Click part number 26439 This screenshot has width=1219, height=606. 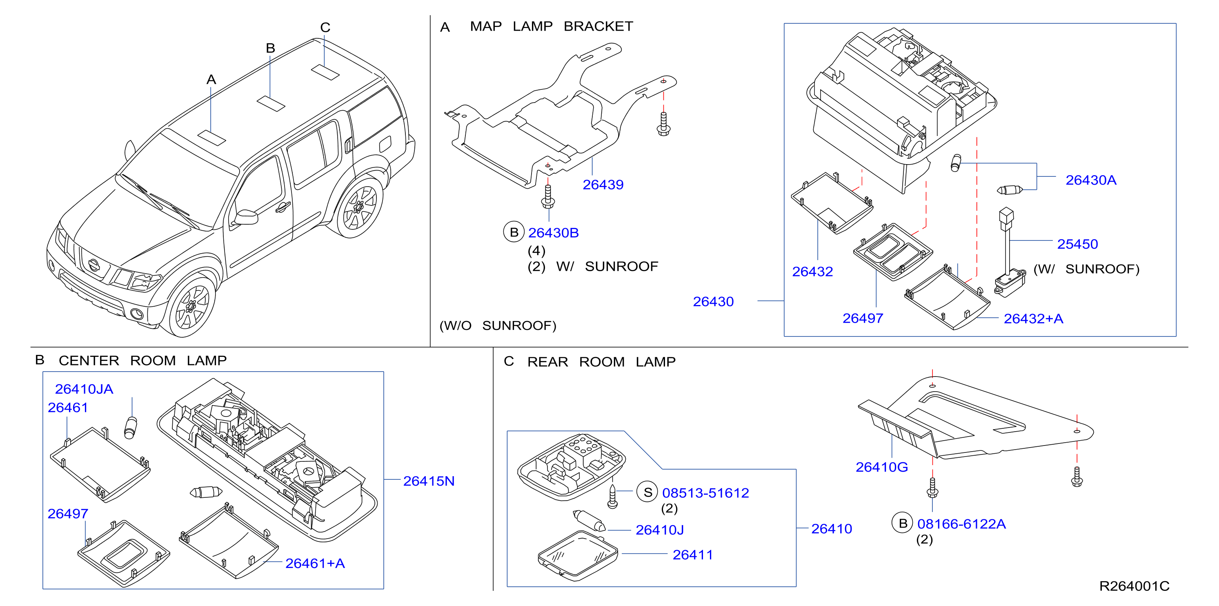tap(603, 185)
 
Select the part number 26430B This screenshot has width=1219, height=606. tap(553, 233)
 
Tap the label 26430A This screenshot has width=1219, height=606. tap(1091, 180)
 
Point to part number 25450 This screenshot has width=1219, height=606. tap(1077, 244)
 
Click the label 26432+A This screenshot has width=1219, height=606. tap(1034, 319)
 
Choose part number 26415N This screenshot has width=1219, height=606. tap(429, 481)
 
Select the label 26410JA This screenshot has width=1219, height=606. tap(84, 389)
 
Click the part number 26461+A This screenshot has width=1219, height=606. tap(315, 564)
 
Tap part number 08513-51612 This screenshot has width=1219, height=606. tap(705, 493)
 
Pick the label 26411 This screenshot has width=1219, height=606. tap(693, 555)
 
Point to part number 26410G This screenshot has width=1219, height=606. tap(882, 467)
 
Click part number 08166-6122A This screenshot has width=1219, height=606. tap(961, 524)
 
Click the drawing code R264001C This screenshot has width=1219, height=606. tap(1134, 586)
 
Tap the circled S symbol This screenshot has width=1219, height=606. tap(647, 492)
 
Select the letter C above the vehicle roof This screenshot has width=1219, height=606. tap(325, 27)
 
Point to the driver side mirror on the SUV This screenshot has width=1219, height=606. tap(245, 217)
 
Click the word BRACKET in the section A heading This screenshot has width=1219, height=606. tap(598, 27)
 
